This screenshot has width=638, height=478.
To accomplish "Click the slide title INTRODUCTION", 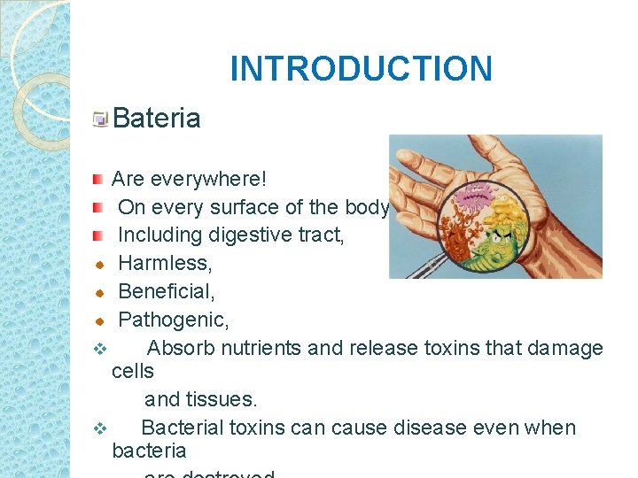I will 361,68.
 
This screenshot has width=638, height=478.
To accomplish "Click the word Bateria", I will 157,118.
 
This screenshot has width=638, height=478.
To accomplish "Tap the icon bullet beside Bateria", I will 101,119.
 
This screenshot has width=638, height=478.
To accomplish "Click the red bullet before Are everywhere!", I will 98,180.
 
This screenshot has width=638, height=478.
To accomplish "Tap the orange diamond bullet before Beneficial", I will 100,292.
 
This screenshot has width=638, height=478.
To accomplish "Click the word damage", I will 562,348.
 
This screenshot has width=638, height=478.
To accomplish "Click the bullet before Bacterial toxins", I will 100,429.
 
